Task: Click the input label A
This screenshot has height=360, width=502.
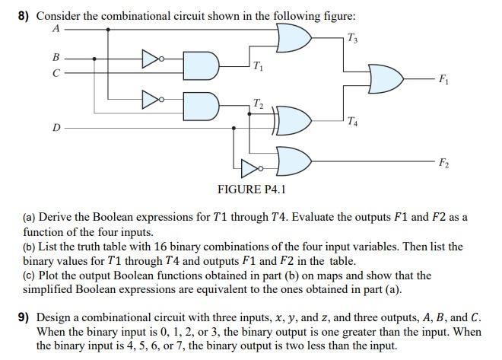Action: pyautogui.click(x=55, y=29)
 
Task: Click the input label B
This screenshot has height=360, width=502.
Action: pyautogui.click(x=55, y=57)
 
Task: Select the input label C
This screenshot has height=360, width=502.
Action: pyautogui.click(x=55, y=73)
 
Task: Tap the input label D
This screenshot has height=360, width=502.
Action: pyautogui.click(x=56, y=128)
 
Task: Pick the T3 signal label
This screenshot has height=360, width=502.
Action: pyautogui.click(x=351, y=39)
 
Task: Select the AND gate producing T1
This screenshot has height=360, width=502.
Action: pyautogui.click(x=202, y=65)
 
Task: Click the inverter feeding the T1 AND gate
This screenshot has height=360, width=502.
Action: pyautogui.click(x=151, y=57)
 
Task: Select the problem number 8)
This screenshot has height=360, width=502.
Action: pyautogui.click(x=24, y=16)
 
